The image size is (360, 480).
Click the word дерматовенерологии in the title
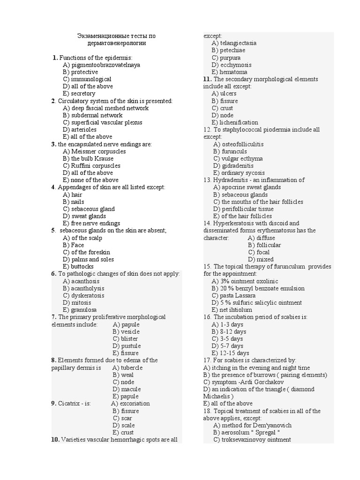pyautogui.click(x=116, y=43)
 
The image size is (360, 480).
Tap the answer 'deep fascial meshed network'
pyautogui.click(x=110, y=108)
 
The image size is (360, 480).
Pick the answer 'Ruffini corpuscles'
pyautogui.click(x=96, y=165)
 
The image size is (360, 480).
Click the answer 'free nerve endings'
pyautogui.click(x=96, y=223)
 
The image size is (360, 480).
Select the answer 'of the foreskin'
pyautogui.click(x=90, y=252)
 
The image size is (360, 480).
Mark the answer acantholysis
pyautogui.click(x=88, y=288)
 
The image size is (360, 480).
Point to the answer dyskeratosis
pyautogui.click(x=88, y=295)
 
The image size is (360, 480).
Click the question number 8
pyautogui.click(x=54, y=360)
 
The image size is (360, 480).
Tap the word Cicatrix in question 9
pyautogui.click(x=69, y=403)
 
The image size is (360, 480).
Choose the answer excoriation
pyautogui.click(x=135, y=403)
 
